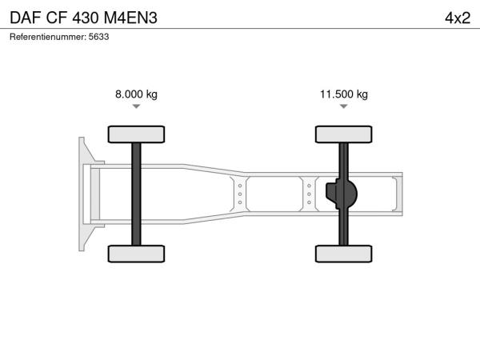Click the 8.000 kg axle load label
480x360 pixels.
tap(136, 94)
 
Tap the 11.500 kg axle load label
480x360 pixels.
tap(344, 94)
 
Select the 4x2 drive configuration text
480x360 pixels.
tap(458, 18)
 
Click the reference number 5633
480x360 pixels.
tap(98, 37)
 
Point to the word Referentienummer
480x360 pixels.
tap(48, 37)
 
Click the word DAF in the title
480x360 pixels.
tap(26, 18)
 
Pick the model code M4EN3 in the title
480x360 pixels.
tap(130, 18)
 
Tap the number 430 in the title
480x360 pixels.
tap(85, 18)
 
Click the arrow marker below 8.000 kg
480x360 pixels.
tap(136, 106)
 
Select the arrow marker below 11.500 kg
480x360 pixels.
tap(344, 106)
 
